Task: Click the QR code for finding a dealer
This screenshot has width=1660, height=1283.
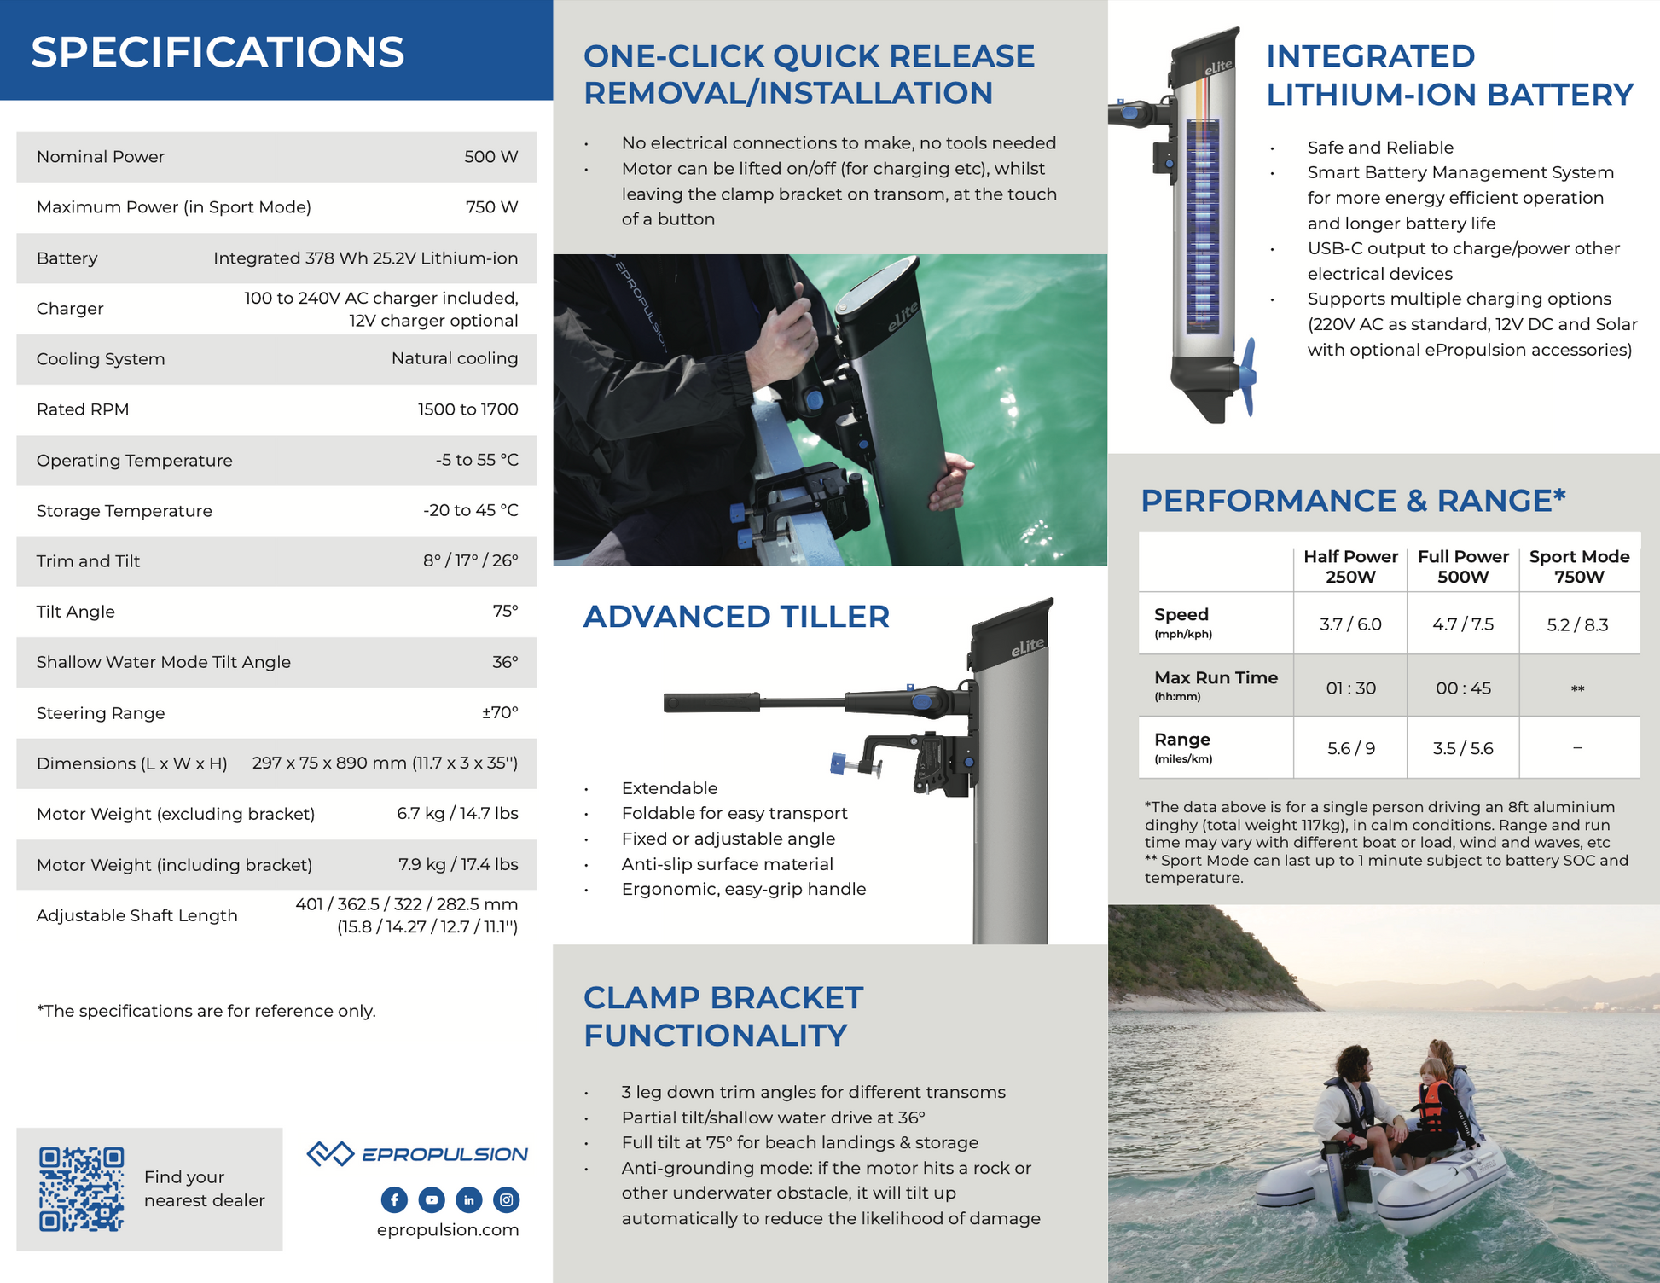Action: click(x=82, y=1188)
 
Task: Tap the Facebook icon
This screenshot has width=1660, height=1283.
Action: click(x=394, y=1199)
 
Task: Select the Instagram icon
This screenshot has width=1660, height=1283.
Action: click(x=507, y=1199)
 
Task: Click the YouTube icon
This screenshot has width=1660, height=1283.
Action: click(x=432, y=1199)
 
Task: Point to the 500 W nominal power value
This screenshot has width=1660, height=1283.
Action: click(x=490, y=157)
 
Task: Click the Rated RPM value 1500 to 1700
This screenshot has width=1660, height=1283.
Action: click(x=467, y=409)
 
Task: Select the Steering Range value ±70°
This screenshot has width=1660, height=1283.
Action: click(x=500, y=712)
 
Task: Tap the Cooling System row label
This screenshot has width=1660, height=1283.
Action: click(x=101, y=359)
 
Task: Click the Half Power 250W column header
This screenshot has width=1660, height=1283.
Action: click(x=1350, y=566)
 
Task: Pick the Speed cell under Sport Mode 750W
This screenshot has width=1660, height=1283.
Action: click(x=1577, y=624)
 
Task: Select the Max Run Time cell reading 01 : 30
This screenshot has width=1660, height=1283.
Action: click(x=1350, y=688)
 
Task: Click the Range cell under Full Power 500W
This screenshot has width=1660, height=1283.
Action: click(x=1463, y=748)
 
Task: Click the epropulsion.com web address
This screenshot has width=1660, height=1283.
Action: click(x=448, y=1229)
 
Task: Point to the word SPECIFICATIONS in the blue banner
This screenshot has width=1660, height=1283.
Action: click(x=218, y=52)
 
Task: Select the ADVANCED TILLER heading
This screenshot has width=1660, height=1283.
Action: click(x=736, y=616)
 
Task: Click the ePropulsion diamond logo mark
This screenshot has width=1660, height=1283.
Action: click(x=330, y=1153)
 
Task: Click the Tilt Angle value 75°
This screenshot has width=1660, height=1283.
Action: click(x=505, y=612)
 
